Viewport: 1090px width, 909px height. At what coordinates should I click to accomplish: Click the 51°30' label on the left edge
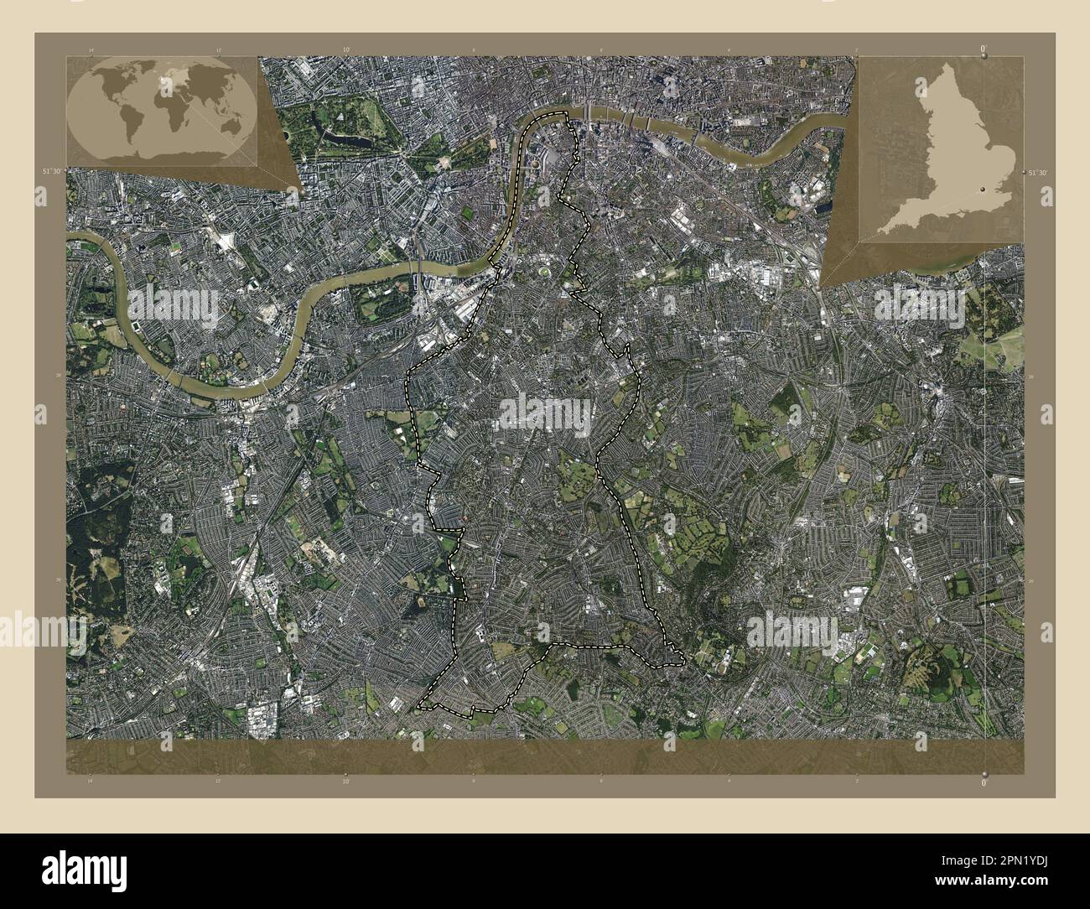[52, 171]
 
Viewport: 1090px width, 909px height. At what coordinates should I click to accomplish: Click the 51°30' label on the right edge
[1037, 171]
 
